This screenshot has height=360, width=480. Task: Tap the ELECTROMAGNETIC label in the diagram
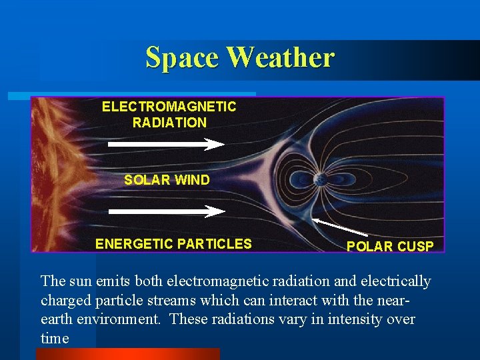[x=169, y=107]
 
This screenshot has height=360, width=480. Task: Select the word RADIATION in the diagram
[x=169, y=123]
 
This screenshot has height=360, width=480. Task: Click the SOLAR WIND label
[x=167, y=180]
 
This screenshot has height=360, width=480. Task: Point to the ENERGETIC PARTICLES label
[x=173, y=244]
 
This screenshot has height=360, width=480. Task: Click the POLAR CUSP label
[x=389, y=247]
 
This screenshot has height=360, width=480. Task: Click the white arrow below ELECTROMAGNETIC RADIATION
[x=167, y=143]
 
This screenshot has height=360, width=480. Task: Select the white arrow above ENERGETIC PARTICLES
[x=167, y=211]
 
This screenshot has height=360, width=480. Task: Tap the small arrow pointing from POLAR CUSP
[x=340, y=227]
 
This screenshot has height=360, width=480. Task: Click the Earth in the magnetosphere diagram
[x=320, y=179]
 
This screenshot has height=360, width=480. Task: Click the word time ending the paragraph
[x=55, y=339]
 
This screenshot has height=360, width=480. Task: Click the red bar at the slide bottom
[x=127, y=354]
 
